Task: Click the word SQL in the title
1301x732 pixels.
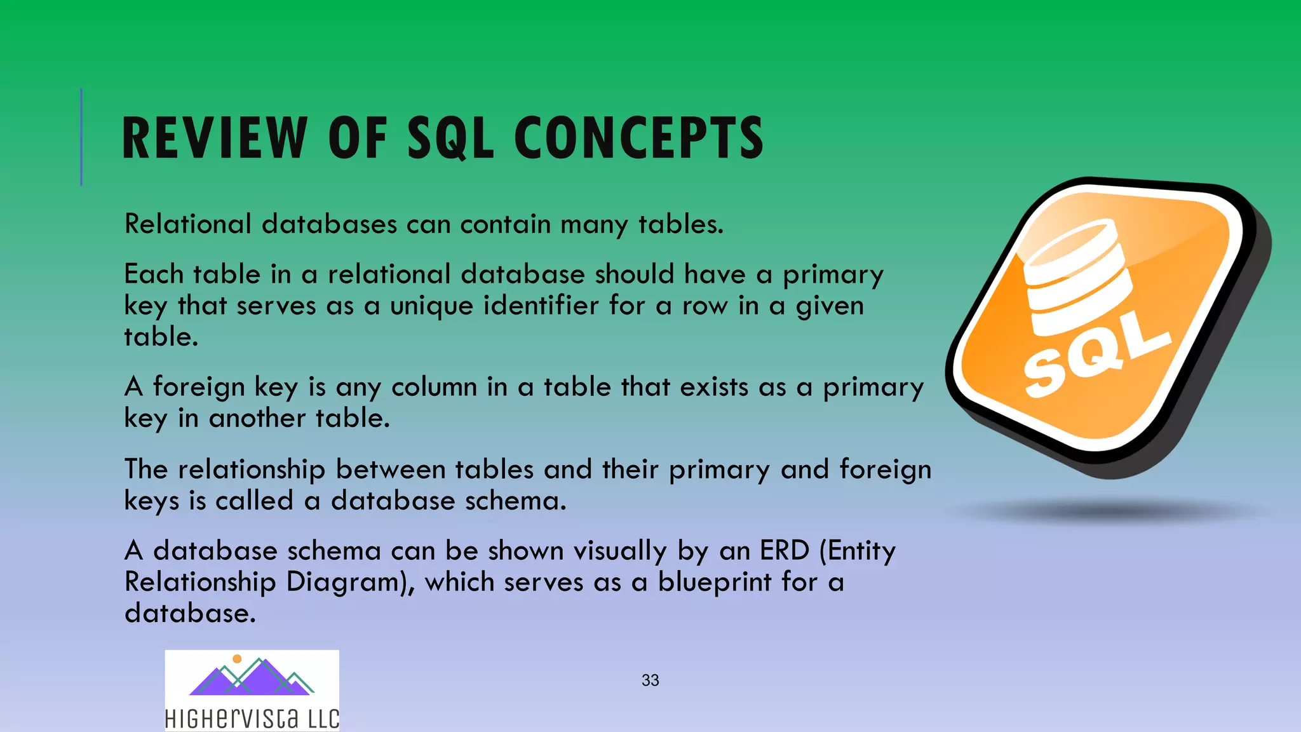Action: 450,139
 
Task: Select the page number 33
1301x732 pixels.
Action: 650,681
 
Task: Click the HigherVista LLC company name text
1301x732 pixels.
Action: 252,719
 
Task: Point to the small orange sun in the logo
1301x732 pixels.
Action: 237,659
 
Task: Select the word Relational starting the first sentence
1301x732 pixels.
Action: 188,224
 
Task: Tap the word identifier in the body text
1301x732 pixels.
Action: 541,306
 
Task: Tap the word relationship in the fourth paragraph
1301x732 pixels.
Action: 252,470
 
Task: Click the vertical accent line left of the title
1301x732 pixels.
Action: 81,137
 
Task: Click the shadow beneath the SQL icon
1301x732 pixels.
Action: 1109,512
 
